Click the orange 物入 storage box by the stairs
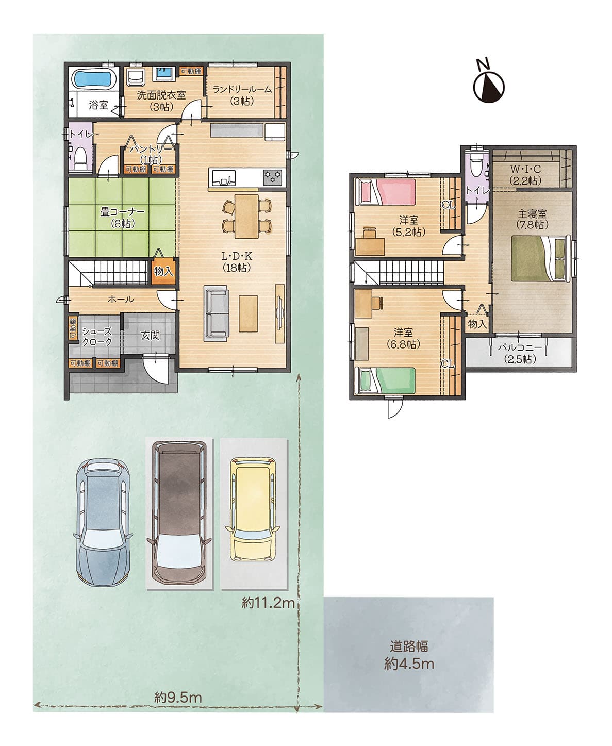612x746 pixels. coord(164,271)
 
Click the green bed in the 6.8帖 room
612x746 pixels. coord(385,380)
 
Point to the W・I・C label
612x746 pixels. coord(525,169)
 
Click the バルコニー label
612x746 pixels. coord(520,347)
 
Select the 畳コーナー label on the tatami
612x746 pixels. coord(122,212)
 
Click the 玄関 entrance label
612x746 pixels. coord(151,335)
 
